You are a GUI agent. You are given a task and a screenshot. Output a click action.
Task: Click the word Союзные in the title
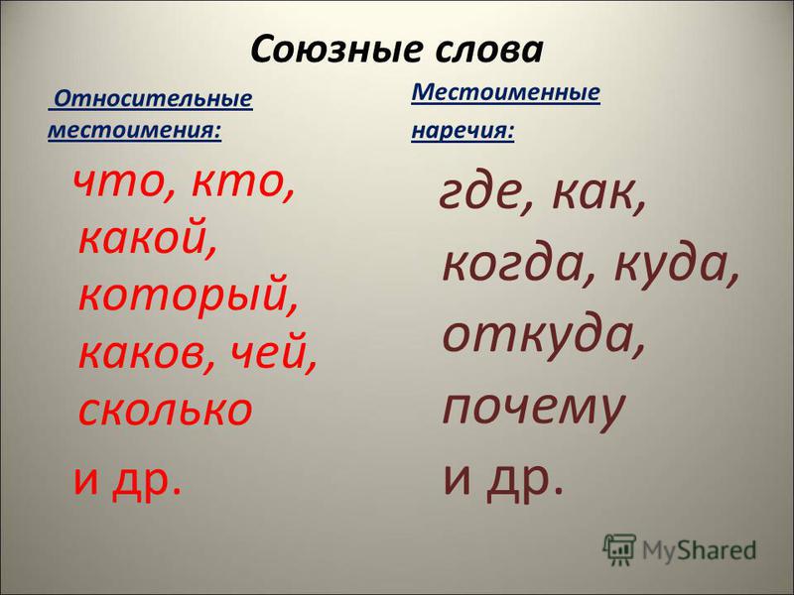point(336,51)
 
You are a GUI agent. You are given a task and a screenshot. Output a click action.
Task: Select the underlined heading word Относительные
point(153,98)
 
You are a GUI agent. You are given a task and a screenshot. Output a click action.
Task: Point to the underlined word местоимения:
point(135,130)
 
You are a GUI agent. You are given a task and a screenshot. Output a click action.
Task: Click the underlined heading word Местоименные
point(505,92)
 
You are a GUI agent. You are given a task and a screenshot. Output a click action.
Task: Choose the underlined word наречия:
point(463,130)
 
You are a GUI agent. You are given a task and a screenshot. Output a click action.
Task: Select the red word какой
point(147,238)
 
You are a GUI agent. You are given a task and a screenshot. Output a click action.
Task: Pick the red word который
point(188,297)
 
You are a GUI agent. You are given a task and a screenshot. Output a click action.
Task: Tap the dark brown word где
point(486,194)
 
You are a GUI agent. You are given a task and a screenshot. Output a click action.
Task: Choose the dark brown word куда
point(677,266)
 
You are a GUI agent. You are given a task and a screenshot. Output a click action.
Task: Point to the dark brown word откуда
point(544,336)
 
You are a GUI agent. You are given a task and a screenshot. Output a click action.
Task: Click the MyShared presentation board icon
point(618,549)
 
